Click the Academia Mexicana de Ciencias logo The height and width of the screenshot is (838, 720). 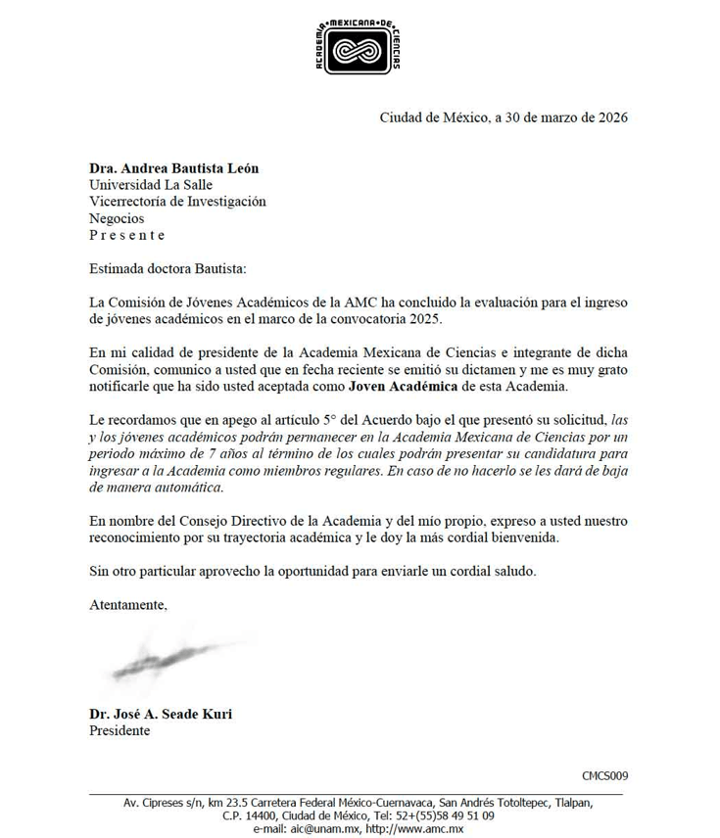(x=358, y=46)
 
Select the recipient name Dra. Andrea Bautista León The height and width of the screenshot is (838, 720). (x=174, y=168)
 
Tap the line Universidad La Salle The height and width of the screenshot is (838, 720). (x=151, y=185)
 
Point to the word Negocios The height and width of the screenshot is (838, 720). (x=117, y=218)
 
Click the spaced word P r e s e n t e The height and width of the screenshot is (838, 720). (x=127, y=235)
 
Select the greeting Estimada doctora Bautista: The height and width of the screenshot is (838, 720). (x=168, y=268)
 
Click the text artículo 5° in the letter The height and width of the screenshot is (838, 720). (x=283, y=419)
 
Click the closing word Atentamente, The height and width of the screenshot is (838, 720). (x=128, y=604)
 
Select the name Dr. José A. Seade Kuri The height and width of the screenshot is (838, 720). (x=161, y=714)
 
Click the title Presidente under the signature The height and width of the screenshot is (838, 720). (x=120, y=730)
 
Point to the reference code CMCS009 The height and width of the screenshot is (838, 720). (x=604, y=776)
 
